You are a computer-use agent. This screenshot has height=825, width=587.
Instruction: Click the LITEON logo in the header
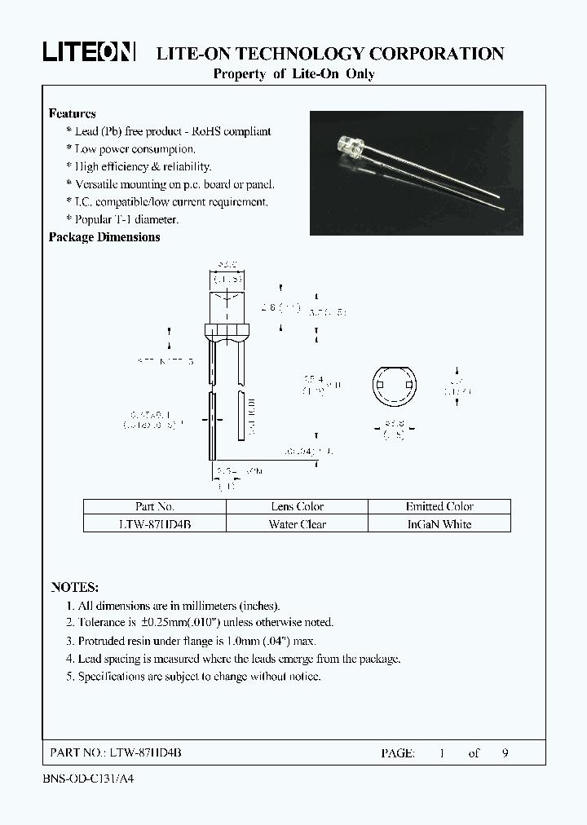click(x=89, y=53)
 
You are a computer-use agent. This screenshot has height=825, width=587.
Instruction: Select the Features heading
click(x=72, y=114)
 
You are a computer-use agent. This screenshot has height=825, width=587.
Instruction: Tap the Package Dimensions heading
click(x=104, y=237)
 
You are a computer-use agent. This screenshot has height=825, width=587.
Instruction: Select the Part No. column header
click(x=154, y=506)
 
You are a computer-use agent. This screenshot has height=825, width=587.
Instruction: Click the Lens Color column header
click(x=297, y=506)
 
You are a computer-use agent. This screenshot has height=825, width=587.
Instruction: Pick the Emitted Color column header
click(x=439, y=506)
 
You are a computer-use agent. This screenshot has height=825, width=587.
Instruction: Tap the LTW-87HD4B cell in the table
click(x=154, y=524)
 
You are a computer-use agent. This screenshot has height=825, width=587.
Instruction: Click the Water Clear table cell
click(x=297, y=524)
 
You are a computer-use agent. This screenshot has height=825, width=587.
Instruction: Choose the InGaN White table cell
click(x=439, y=524)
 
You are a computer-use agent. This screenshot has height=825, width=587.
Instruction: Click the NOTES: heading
click(x=74, y=587)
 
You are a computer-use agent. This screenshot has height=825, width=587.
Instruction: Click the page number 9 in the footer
click(x=505, y=753)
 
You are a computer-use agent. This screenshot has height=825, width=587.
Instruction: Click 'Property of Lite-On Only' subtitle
click(x=293, y=74)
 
